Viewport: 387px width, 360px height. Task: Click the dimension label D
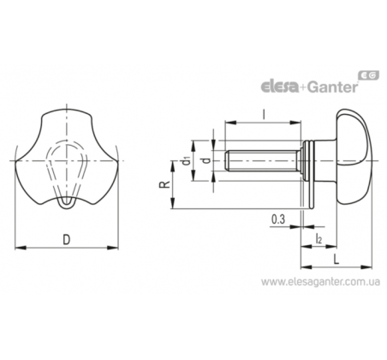[66, 240]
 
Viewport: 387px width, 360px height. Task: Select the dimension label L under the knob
[336, 260]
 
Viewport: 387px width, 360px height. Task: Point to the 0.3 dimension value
[278, 219]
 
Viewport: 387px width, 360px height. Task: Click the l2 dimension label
[319, 238]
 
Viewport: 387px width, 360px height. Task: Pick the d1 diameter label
[187, 160]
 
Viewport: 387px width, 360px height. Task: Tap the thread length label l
[264, 114]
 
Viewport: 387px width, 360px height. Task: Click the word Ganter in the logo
[333, 87]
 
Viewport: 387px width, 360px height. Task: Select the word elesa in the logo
[280, 87]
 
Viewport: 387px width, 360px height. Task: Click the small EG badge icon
[369, 75]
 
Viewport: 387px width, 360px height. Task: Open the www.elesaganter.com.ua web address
[321, 282]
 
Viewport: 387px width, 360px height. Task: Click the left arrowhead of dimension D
[21, 248]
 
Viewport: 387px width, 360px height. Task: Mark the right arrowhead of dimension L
[366, 267]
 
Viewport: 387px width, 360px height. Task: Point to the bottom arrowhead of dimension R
[172, 203]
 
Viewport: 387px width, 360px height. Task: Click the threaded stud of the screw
[263, 161]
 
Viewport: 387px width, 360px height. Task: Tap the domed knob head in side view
[354, 161]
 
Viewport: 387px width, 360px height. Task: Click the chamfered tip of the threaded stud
[226, 161]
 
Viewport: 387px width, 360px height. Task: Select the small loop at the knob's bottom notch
[68, 202]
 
